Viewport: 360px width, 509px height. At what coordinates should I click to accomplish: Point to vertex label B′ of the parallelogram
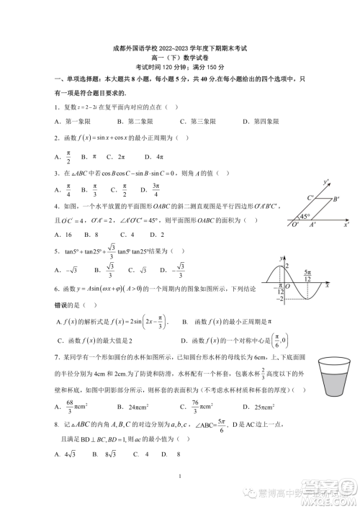[x=336, y=199]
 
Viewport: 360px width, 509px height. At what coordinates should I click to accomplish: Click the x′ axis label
[x=346, y=225]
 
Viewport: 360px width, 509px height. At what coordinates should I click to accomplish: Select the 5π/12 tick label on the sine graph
[x=307, y=274]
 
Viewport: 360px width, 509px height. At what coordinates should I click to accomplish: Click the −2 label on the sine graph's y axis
[x=284, y=297]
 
